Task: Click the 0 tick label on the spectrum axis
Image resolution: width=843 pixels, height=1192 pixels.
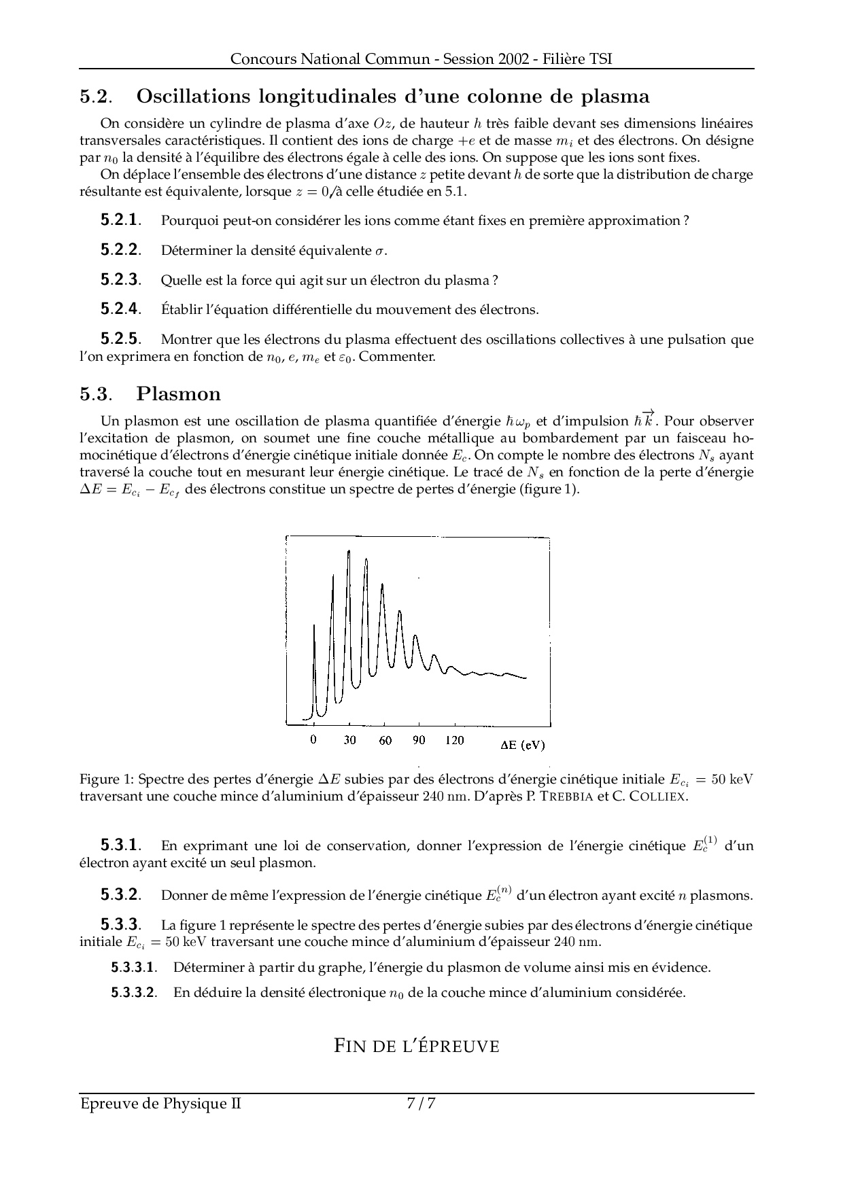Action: click(313, 740)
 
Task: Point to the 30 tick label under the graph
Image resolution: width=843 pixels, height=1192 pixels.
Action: click(349, 740)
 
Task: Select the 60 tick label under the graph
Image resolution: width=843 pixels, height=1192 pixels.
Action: click(385, 740)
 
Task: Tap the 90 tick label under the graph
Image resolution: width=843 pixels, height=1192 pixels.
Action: click(419, 740)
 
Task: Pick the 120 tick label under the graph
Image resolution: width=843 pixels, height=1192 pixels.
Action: click(455, 740)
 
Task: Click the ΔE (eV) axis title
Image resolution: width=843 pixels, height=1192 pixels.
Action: click(522, 745)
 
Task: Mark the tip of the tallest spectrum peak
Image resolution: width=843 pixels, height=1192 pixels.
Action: click(349, 550)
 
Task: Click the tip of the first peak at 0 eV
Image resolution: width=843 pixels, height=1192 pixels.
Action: click(314, 625)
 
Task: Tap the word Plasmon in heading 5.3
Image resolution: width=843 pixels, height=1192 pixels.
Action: click(179, 394)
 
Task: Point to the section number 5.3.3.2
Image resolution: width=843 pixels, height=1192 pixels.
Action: click(134, 992)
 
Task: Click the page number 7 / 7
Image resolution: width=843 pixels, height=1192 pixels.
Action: click(421, 1104)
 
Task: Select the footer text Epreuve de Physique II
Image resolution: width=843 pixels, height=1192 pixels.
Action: click(160, 1104)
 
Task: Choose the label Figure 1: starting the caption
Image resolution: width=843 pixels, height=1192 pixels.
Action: click(105, 779)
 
